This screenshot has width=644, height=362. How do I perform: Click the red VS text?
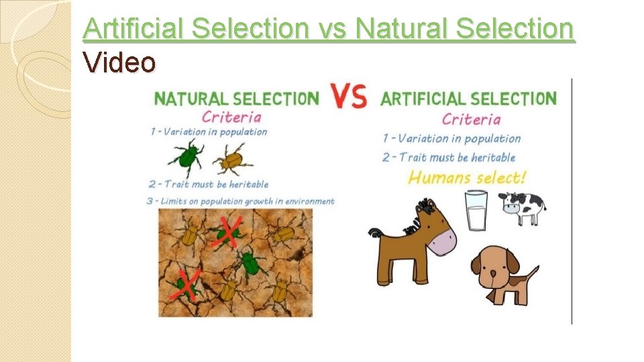click(350, 95)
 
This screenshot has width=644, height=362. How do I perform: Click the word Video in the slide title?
click(119, 63)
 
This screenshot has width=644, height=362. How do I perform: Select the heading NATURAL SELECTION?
click(237, 99)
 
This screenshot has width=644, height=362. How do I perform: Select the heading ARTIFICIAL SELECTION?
click(468, 99)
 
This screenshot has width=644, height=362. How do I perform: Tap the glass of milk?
click(476, 210)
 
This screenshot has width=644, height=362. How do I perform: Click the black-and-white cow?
click(523, 207)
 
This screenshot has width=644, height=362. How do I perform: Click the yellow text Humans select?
click(468, 178)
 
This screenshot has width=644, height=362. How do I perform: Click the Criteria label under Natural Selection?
click(231, 116)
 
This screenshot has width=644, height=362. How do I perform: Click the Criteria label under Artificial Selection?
click(471, 119)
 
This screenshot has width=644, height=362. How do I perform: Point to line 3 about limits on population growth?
click(242, 200)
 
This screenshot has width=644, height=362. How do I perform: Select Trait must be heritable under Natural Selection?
click(209, 184)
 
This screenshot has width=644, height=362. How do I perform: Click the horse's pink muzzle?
click(441, 240)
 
